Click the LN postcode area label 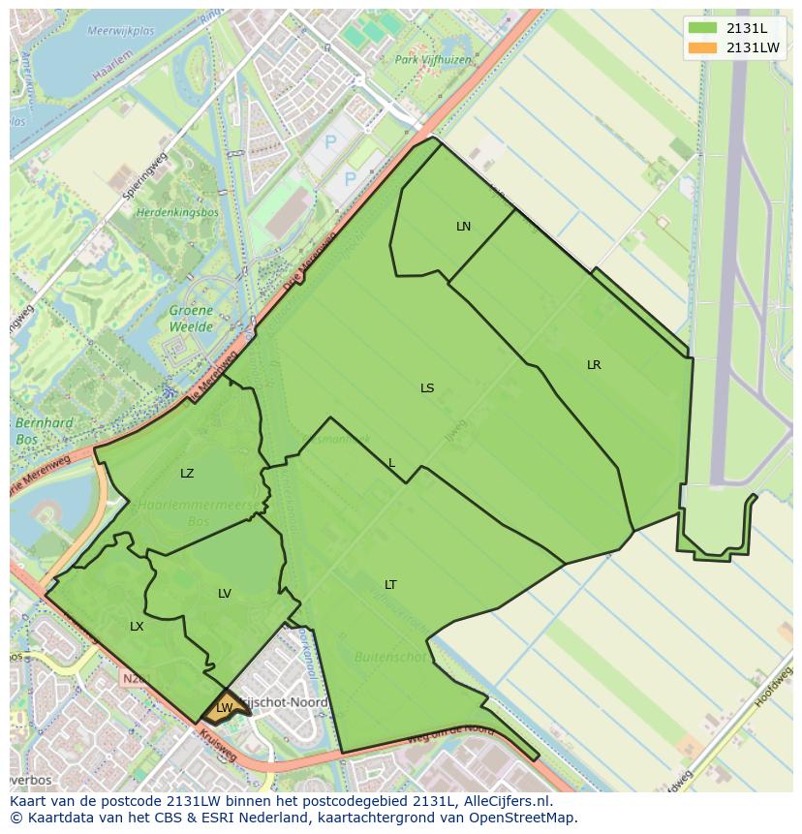463,227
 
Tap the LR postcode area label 594,365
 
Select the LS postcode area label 427,388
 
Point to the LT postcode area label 390,585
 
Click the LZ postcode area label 187,474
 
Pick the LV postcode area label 225,594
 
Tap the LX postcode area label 137,627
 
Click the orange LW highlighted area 225,707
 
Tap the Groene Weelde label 191,319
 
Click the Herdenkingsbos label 177,212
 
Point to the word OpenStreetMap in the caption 518,819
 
